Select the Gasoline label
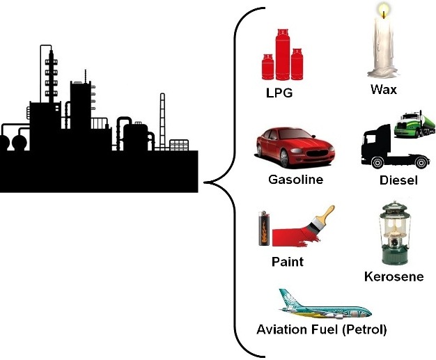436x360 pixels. point(296,179)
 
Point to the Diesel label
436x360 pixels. point(398,180)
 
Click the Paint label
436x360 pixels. point(288,262)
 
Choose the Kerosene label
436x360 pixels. point(394,277)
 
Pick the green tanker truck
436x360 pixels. point(411,127)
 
